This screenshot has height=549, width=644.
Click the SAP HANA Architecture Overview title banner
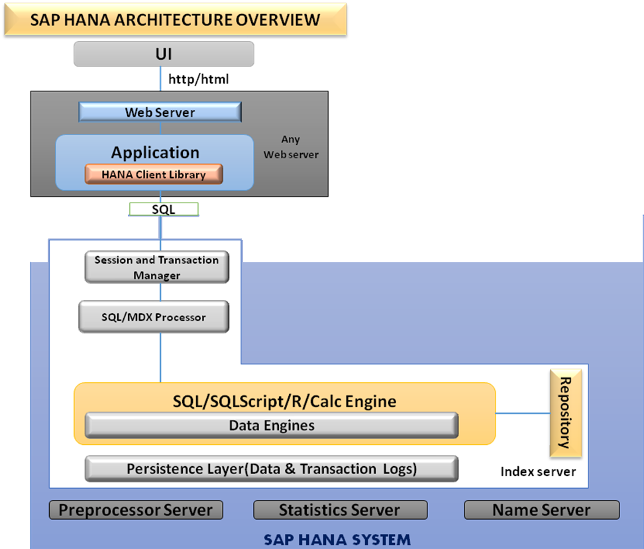click(175, 19)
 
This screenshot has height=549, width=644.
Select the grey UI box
click(164, 54)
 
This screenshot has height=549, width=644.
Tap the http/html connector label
click(198, 79)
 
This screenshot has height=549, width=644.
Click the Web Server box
click(160, 112)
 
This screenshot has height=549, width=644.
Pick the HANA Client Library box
click(154, 175)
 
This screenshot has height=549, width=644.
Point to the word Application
click(155, 152)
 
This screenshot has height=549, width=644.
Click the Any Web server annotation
click(291, 147)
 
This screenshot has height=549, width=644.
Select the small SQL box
click(164, 209)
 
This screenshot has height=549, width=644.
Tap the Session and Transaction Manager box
click(156, 267)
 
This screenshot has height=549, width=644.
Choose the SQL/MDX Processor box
click(154, 317)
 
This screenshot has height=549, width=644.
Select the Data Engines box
click(272, 425)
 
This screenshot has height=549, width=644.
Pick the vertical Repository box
click(565, 413)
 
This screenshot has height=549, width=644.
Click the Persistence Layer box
click(272, 469)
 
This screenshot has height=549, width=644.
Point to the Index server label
click(538, 472)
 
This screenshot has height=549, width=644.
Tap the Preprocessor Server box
click(136, 510)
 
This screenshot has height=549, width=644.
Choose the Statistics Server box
click(340, 510)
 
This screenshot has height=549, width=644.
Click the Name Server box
click(541, 510)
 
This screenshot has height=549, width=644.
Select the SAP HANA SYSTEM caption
click(337, 539)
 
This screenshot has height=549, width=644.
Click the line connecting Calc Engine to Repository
click(523, 413)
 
